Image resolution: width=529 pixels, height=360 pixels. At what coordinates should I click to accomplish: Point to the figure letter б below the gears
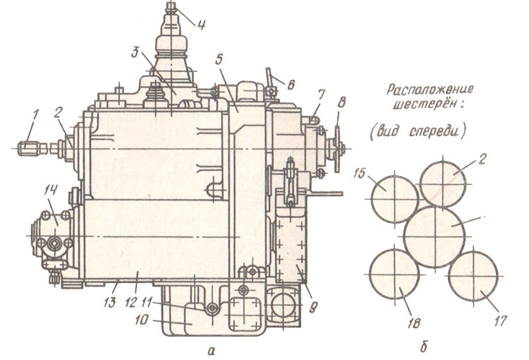coord(423,347)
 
